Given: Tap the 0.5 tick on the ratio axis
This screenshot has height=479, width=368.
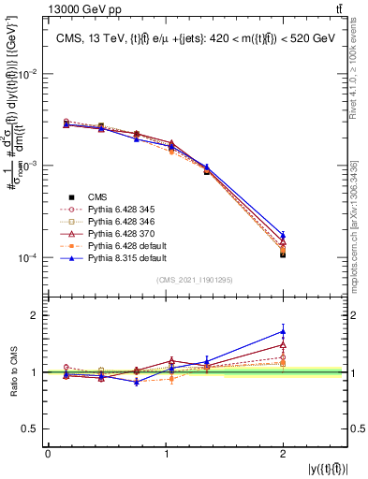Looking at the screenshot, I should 34,429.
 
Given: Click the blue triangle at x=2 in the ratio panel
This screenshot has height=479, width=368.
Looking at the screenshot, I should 283,331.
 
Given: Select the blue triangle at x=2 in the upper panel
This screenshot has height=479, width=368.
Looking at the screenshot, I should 283,236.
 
